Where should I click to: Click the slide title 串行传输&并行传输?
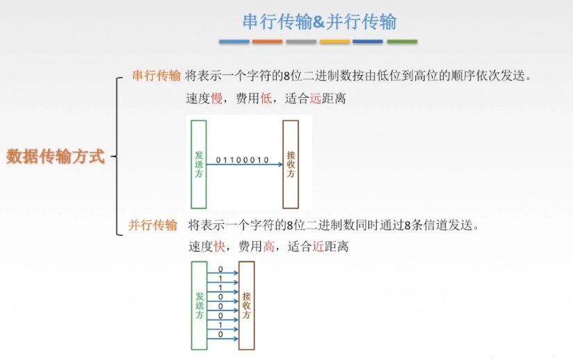click(319, 22)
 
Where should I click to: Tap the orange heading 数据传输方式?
click(56, 156)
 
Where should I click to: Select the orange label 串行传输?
click(156, 76)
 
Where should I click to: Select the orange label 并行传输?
click(152, 225)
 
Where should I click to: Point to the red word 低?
click(265, 99)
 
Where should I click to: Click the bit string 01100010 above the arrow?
click(242, 160)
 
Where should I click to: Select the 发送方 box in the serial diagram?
click(198, 164)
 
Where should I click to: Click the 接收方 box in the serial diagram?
click(291, 164)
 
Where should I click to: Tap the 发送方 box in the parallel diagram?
click(199, 305)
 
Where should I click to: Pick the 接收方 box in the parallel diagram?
click(246, 305)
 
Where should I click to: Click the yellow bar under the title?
click(334, 42)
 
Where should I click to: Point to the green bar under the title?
click(402, 42)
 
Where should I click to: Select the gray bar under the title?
click(301, 42)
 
